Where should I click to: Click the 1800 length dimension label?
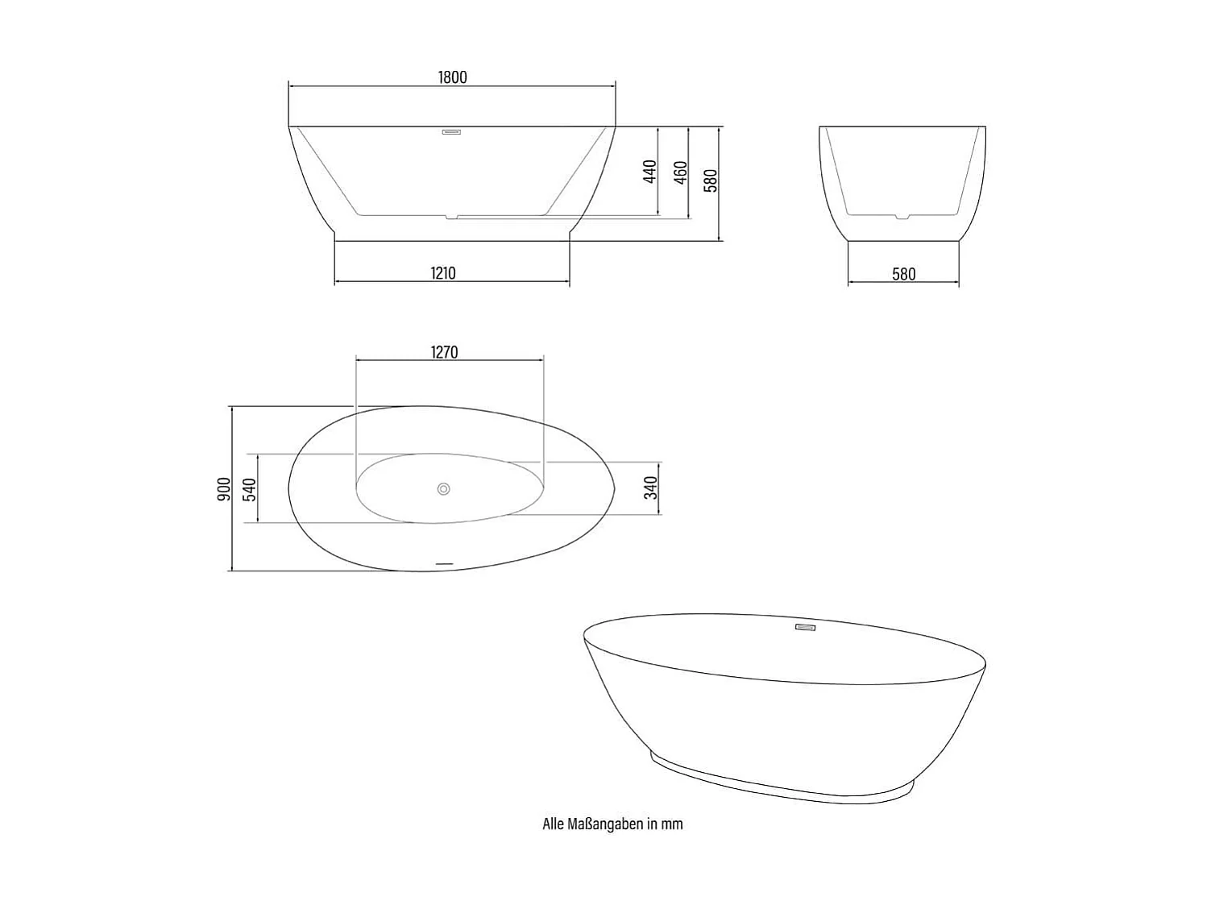click(452, 77)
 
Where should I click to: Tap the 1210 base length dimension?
click(442, 273)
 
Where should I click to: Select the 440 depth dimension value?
click(650, 172)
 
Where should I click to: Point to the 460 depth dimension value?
click(680, 172)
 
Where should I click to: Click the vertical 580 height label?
click(710, 181)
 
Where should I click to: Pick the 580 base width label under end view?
click(903, 274)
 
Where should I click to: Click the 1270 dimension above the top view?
click(444, 352)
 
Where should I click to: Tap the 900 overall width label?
click(224, 488)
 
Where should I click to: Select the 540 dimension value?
click(250, 489)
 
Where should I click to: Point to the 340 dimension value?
click(651, 488)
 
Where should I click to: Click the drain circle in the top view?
click(443, 488)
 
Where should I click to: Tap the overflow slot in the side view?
click(451, 132)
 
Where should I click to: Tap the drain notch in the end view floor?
click(903, 216)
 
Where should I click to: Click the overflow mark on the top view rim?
click(445, 562)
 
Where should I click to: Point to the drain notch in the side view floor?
click(453, 216)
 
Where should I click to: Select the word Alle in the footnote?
click(553, 824)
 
